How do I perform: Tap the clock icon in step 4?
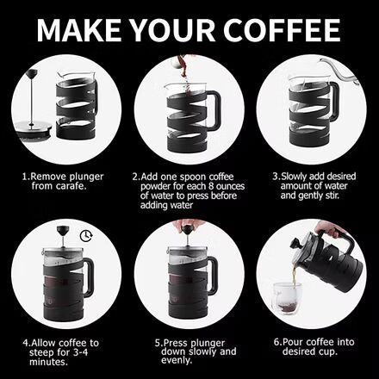pyautogui.click(x=86, y=234)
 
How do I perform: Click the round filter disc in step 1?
pyautogui.click(x=34, y=128)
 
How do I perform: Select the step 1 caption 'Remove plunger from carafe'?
pyautogui.click(x=62, y=181)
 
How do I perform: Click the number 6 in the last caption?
pyautogui.click(x=276, y=342)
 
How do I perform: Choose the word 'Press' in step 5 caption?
pyautogui.click(x=178, y=342)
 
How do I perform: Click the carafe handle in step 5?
pyautogui.click(x=212, y=276)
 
